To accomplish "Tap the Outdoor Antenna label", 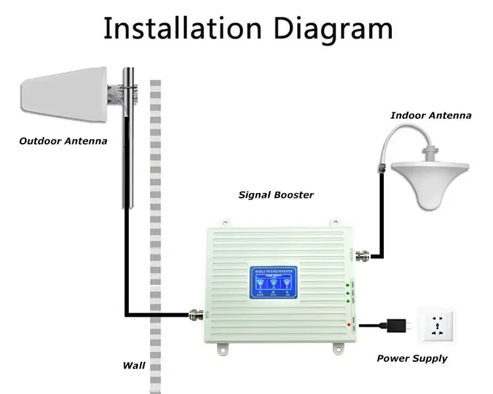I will point(63,141).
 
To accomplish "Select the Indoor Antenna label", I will point(431,115).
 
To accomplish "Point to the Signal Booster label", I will point(275,195).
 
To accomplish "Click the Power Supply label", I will point(411,359).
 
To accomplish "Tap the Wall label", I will point(133,366).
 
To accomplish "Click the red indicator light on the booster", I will point(348,324).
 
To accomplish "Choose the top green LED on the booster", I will point(348,284).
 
